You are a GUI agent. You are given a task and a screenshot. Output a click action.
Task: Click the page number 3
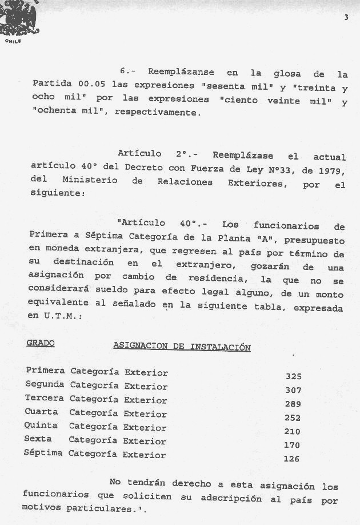(346, 18)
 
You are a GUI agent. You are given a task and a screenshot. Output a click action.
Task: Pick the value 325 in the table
(293, 376)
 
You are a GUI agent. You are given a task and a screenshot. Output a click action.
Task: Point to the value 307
(293, 390)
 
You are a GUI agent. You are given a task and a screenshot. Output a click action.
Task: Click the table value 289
(293, 404)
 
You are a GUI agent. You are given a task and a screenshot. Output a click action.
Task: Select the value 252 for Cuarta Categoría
(293, 417)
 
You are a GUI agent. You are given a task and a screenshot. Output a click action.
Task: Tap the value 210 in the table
(292, 431)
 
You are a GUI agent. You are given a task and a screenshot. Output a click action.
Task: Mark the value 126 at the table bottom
(291, 458)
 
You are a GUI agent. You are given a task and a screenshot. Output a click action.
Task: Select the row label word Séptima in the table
(43, 454)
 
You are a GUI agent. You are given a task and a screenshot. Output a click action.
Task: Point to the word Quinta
(41, 426)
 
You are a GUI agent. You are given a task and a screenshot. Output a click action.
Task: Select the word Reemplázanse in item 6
(181, 73)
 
